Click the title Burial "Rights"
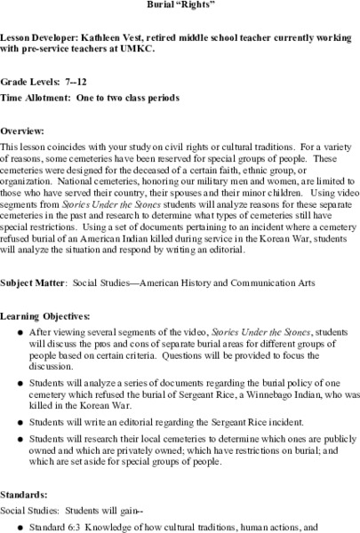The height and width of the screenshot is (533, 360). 180,4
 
